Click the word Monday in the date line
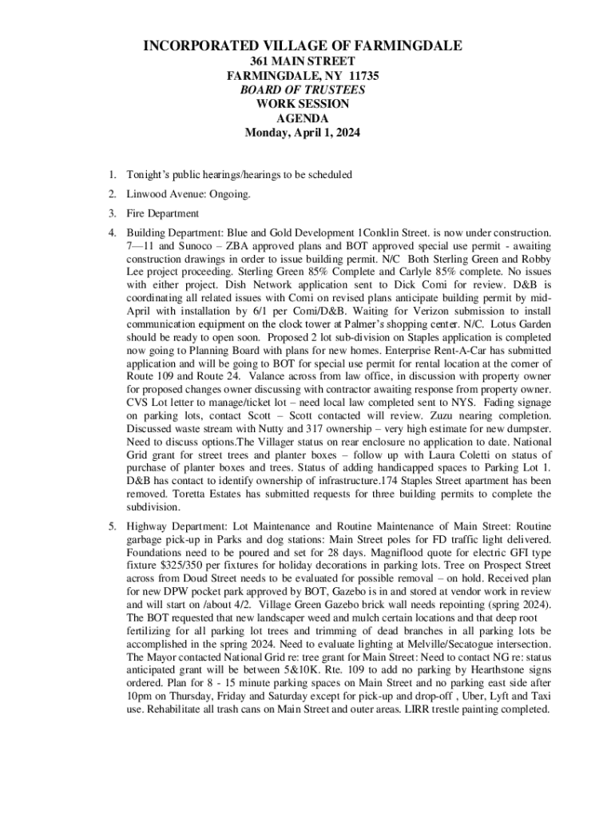coord(266,133)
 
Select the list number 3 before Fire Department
coord(113,213)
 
